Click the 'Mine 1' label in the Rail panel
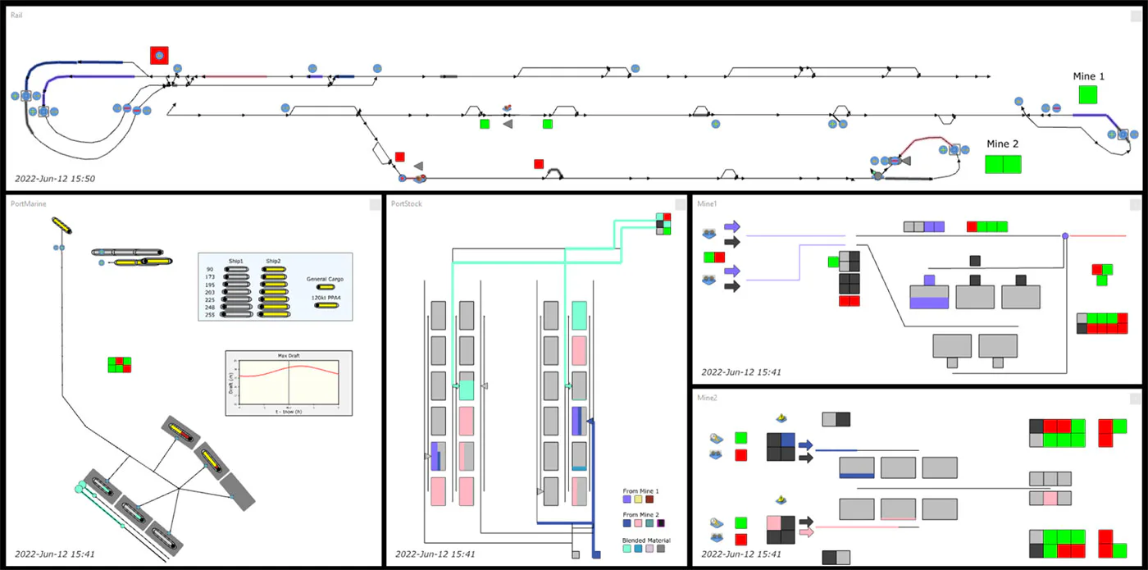1089,76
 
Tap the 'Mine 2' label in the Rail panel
1003,144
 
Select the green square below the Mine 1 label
1088,94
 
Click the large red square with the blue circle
159,56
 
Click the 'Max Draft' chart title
288,356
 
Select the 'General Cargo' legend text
325,279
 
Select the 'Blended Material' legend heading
646,540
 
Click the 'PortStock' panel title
407,203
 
